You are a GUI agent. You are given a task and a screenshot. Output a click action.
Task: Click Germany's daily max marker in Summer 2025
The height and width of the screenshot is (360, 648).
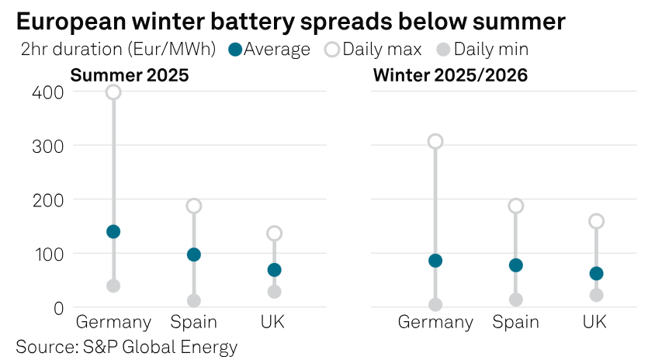click(x=113, y=92)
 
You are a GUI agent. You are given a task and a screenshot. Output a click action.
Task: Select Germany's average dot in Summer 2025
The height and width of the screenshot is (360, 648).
click(x=113, y=231)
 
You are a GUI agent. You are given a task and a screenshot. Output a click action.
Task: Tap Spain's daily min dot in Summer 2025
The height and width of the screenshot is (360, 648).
click(x=194, y=301)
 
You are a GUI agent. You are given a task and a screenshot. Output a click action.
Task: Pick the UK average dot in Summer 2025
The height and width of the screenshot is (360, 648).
click(x=274, y=270)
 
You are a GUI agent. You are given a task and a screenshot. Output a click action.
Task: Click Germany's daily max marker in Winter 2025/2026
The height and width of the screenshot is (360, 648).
click(x=435, y=141)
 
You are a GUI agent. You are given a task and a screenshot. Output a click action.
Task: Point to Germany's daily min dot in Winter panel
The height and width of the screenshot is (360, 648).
click(x=435, y=305)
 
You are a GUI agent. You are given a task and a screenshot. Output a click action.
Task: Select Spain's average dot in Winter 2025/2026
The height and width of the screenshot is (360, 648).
click(x=516, y=265)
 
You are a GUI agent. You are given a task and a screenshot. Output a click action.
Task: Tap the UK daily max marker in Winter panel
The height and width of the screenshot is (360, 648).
click(x=596, y=221)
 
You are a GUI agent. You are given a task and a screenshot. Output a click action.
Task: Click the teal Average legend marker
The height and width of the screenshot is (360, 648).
click(x=235, y=50)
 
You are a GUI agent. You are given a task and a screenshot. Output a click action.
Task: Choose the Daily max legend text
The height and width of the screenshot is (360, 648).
click(x=382, y=50)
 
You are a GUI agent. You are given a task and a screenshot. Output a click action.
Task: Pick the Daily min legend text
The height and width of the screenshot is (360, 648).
click(x=490, y=50)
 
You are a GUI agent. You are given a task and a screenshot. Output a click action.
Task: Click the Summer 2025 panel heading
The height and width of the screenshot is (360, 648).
click(x=130, y=75)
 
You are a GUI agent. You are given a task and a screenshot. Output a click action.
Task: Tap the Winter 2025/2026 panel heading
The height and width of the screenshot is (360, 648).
click(x=450, y=75)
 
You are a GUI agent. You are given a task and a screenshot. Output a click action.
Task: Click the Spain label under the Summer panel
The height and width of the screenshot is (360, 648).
click(x=194, y=322)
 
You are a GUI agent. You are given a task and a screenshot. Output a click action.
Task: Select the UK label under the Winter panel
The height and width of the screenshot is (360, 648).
click(x=595, y=322)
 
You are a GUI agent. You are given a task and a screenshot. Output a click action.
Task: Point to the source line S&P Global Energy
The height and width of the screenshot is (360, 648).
click(x=126, y=346)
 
